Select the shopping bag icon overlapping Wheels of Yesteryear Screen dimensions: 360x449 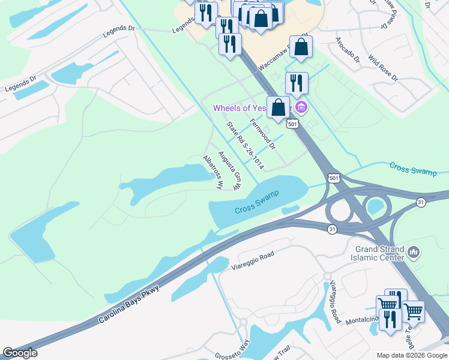pyautogui.click(x=279, y=107)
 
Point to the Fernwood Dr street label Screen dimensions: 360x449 pyautogui.click(x=262, y=133)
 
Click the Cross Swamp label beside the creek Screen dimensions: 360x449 pyautogui.click(x=413, y=169)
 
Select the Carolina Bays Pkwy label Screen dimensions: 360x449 pyautogui.click(x=131, y=305)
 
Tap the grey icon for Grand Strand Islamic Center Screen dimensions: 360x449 pyautogui.click(x=413, y=253)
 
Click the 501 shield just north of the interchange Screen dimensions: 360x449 pyautogui.click(x=334, y=178)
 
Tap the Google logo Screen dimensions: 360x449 pyautogui.click(x=20, y=353)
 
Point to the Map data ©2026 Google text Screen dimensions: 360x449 pyautogui.click(x=412, y=355)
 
